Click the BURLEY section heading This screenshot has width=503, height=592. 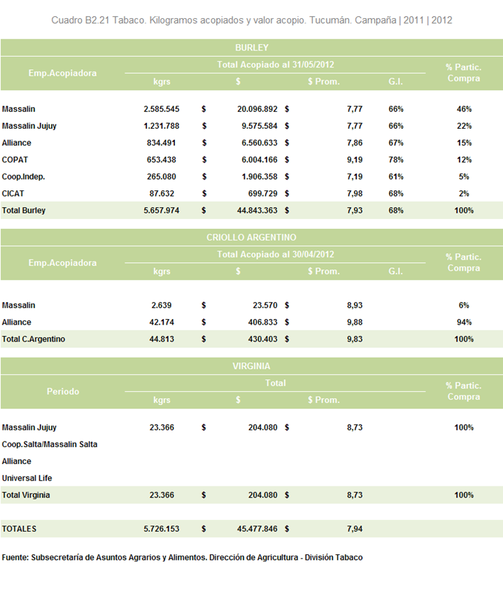coord(252,48)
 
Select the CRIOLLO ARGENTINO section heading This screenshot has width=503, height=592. coord(251,237)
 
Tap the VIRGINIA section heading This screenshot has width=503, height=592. coord(251,366)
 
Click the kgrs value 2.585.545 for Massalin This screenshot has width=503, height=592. coord(162,109)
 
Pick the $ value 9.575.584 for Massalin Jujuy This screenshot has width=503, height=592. coord(260,126)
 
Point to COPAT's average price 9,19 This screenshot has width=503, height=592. coord(355,160)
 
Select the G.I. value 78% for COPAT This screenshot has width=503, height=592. coord(396,160)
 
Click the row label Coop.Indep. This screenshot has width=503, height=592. coord(23,177)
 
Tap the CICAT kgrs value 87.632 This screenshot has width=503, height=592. coord(162,194)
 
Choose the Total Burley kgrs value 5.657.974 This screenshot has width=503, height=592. coord(162,211)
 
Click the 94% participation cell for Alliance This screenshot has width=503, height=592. coord(464,323)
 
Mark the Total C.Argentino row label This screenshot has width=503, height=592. coord(33,339)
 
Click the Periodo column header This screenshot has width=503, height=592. coord(63,392)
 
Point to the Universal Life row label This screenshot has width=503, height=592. coord(27,479)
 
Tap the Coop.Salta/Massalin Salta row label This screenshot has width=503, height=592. coord(50,444)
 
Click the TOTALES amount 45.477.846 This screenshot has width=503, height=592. coord(257,529)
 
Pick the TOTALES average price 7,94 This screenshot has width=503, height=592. coord(355,529)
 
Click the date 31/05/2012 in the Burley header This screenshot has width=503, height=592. coord(313,64)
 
